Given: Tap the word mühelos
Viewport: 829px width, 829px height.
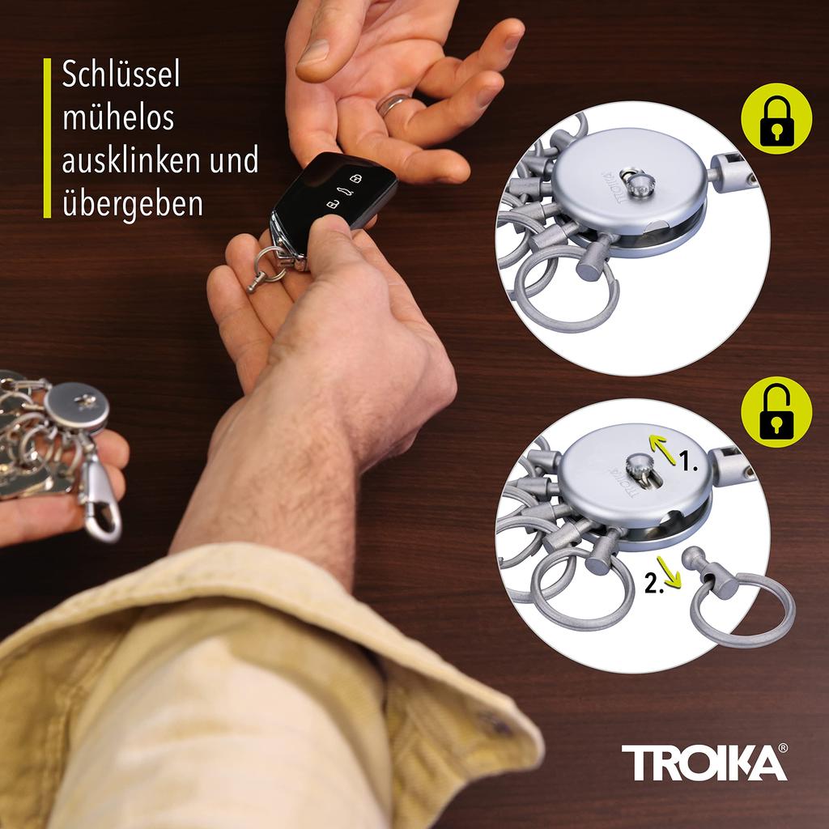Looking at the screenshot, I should point(118,118).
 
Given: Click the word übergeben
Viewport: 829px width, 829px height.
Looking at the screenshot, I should point(133,203).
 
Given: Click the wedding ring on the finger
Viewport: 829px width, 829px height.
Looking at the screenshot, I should point(395,104).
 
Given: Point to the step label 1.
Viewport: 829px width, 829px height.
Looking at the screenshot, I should point(688,465).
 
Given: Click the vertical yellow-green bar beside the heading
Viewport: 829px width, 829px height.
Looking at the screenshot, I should point(47,138).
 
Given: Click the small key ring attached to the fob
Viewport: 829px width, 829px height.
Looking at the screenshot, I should point(267,264).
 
